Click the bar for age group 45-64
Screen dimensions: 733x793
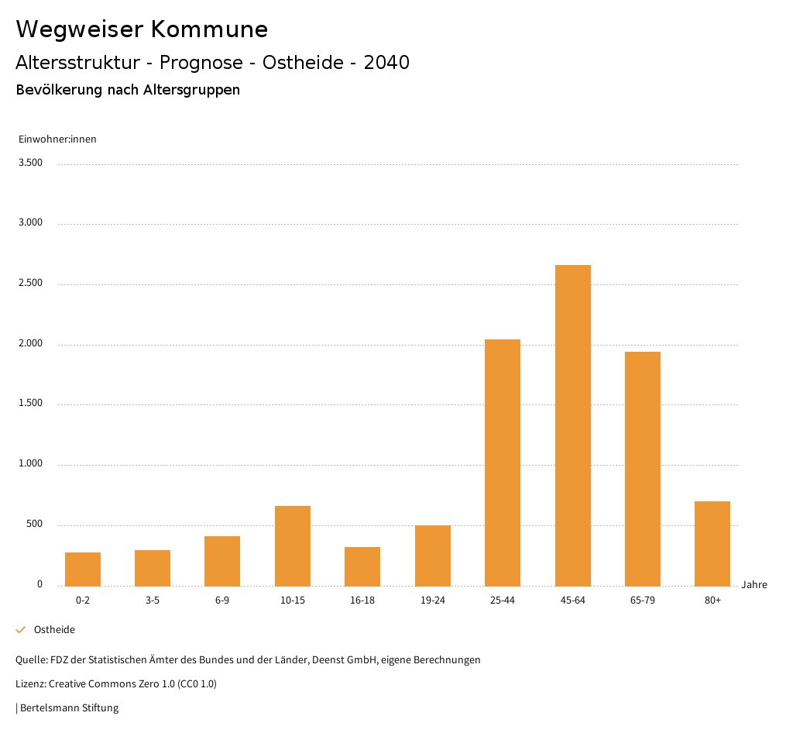pyautogui.click(x=572, y=425)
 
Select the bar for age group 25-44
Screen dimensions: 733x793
pyautogui.click(x=503, y=463)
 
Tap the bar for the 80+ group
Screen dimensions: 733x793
pyautogui.click(x=712, y=543)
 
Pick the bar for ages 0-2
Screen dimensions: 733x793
pyautogui.click(x=83, y=569)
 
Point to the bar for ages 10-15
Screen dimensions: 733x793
pyautogui.click(x=293, y=545)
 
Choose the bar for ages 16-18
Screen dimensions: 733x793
pyautogui.click(x=362, y=566)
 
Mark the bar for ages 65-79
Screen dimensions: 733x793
pyautogui.click(x=643, y=469)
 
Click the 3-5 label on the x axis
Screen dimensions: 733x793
pyautogui.click(x=153, y=601)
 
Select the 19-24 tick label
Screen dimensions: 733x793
pyautogui.click(x=432, y=601)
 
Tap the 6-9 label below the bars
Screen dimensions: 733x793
pyautogui.click(x=222, y=601)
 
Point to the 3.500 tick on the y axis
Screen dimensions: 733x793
pyautogui.click(x=30, y=163)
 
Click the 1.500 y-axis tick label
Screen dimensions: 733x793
pyautogui.click(x=30, y=404)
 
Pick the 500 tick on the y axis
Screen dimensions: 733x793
pyautogui.click(x=34, y=525)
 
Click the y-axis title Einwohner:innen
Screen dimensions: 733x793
pyautogui.click(x=57, y=139)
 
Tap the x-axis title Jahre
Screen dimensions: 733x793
pyautogui.click(x=754, y=585)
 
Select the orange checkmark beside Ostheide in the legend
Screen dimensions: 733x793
pyautogui.click(x=21, y=630)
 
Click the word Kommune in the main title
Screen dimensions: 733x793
pyautogui.click(x=209, y=29)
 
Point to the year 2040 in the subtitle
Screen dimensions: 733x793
pyautogui.click(x=386, y=63)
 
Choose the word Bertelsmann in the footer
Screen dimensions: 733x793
pyautogui.click(x=49, y=707)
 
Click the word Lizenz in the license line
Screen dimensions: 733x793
pyautogui.click(x=30, y=684)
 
